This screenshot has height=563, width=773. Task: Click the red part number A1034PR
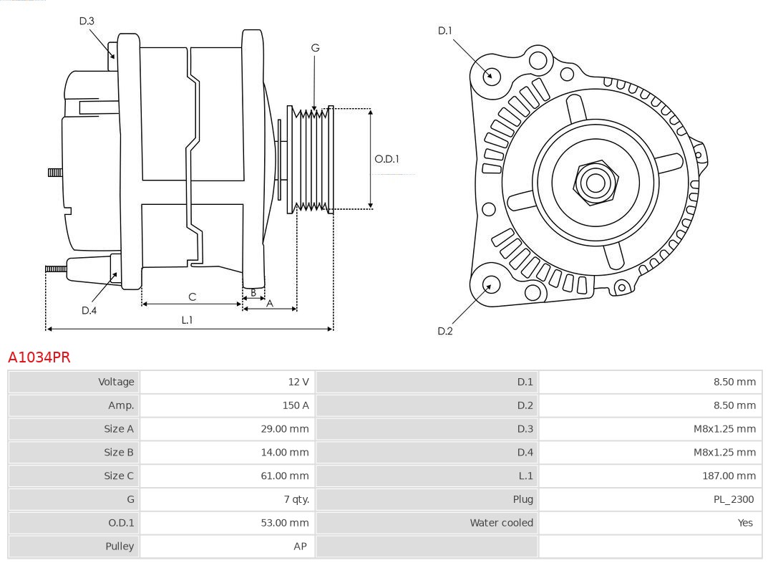[x=39, y=357]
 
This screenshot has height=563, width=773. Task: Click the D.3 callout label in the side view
[x=87, y=21]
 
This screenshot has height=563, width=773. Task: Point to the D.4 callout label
[x=89, y=310]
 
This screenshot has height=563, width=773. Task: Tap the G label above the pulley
[x=315, y=48]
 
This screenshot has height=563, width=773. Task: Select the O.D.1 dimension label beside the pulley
[x=386, y=159]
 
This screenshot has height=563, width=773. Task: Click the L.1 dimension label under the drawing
[x=187, y=320]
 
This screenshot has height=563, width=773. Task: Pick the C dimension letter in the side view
[x=192, y=297]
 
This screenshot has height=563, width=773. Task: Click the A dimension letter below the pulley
[x=270, y=303]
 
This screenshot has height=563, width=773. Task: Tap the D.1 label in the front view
[x=445, y=31]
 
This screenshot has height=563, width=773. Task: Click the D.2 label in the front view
[x=445, y=331]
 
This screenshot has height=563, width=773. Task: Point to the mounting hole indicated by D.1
[x=492, y=75]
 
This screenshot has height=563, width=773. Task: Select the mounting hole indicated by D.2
[x=490, y=284]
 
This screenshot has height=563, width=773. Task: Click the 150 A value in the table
[x=296, y=405]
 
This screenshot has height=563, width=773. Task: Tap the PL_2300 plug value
[x=733, y=499]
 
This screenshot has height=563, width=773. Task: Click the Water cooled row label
[x=501, y=523]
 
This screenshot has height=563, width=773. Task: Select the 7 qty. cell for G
[x=294, y=499]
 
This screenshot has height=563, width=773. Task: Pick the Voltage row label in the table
[x=116, y=382]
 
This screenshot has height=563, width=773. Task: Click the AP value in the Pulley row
[x=300, y=547]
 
